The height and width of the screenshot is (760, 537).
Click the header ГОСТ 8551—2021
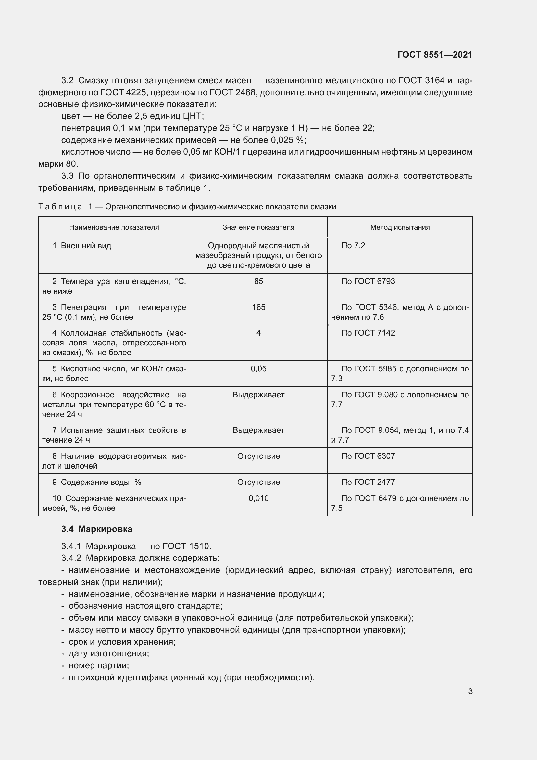tap(434, 55)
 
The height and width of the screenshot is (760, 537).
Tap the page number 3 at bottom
tap(470, 691)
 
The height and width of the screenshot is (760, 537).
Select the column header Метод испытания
tap(400, 227)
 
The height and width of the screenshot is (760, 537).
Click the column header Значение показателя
tap(258, 227)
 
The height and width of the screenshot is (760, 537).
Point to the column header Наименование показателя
tap(114, 227)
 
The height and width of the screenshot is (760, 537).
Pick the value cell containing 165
tap(258, 307)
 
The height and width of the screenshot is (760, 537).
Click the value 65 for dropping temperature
tap(258, 281)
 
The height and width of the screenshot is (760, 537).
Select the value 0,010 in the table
tap(258, 498)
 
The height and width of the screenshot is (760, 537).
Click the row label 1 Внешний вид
tap(82, 246)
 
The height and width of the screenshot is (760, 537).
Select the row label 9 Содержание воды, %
tap(96, 482)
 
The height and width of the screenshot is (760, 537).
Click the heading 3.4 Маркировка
tap(96, 529)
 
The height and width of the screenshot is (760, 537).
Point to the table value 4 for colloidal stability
tap(258, 333)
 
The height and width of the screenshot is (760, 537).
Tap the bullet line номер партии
tap(99, 665)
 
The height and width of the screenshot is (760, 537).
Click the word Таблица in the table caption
tap(60, 207)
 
